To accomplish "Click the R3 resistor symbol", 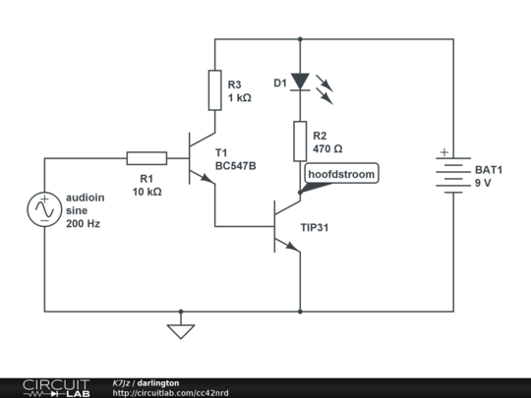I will tap(214, 90).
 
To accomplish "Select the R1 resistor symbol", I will tap(147, 157).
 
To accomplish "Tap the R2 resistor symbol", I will tap(299, 142).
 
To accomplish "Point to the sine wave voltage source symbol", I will tap(45, 210).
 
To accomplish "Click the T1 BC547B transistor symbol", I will tap(204, 157).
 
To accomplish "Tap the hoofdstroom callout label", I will tap(339, 174).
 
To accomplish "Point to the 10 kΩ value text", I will tap(147, 192).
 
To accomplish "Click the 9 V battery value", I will tap(483, 183).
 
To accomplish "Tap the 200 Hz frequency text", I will tap(83, 224).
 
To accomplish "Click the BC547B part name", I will tap(236, 166).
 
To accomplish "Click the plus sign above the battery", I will tap(443, 152).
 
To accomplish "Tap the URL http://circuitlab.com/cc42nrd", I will tap(171, 392).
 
